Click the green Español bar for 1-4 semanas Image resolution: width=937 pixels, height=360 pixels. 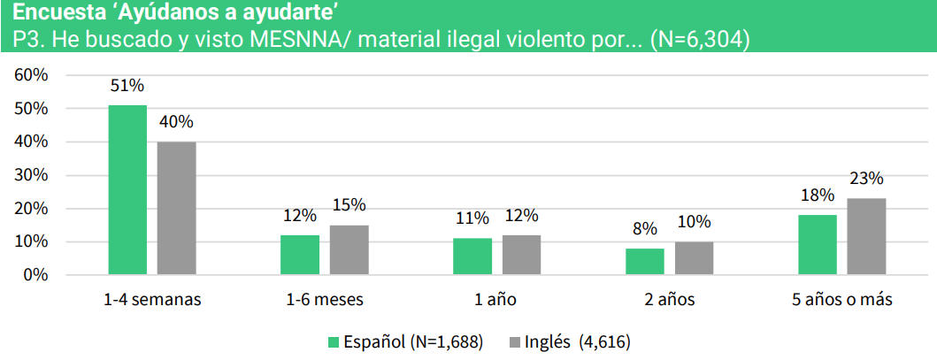pyautogui.click(x=127, y=190)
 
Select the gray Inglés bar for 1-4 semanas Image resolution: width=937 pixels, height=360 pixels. pyautogui.click(x=176, y=209)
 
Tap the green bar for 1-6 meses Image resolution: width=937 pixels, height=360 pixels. pyautogui.click(x=300, y=255)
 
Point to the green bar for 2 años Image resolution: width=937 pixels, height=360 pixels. pyautogui.click(x=645, y=262)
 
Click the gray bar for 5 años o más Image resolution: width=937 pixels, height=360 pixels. pyautogui.click(x=866, y=237)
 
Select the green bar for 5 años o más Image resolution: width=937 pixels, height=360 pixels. pyautogui.click(x=818, y=245)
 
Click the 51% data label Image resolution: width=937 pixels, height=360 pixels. pyautogui.click(x=127, y=86)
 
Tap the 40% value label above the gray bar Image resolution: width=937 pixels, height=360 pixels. pyautogui.click(x=176, y=122)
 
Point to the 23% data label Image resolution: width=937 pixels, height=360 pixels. pyautogui.click(x=866, y=179)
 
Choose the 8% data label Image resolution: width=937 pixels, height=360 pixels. pyautogui.click(x=645, y=229)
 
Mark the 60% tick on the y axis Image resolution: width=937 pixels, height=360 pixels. pyautogui.click(x=31, y=75)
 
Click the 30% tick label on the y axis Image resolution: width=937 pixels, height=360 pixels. pyautogui.click(x=31, y=175)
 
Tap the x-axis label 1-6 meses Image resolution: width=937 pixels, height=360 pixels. pyautogui.click(x=324, y=300)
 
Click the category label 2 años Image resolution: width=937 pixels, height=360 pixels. pyautogui.click(x=670, y=300)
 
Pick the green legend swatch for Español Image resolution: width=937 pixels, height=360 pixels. pyautogui.click(x=334, y=341)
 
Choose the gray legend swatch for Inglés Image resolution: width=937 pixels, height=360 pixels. pyautogui.click(x=516, y=341)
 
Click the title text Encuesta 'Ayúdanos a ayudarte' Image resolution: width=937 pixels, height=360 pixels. pyautogui.click(x=177, y=12)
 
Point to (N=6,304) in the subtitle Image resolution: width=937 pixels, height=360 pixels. pyautogui.click(x=699, y=40)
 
